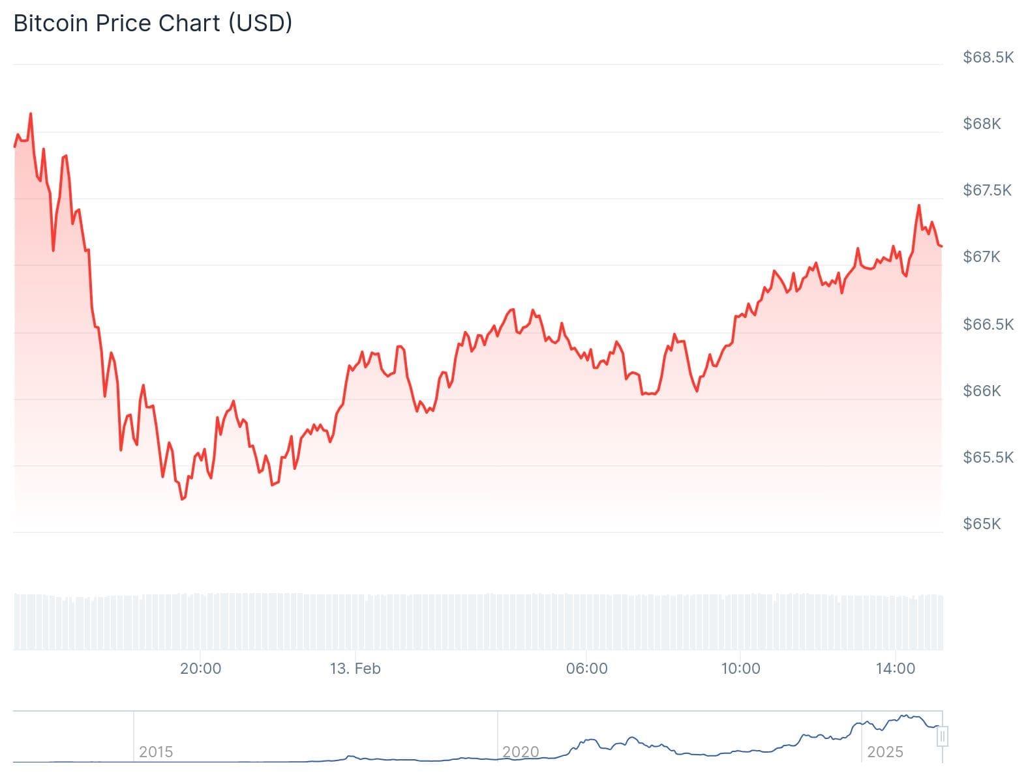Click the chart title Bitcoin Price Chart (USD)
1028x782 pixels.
pos(153,23)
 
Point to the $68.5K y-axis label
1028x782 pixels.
pos(988,57)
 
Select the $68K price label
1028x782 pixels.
pos(982,124)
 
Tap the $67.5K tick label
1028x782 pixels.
pos(988,190)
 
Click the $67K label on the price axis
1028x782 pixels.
pos(982,257)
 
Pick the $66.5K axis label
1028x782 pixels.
pos(988,325)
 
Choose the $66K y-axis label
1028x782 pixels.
pos(982,391)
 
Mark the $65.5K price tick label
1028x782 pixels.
pos(988,457)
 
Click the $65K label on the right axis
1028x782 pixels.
pos(982,524)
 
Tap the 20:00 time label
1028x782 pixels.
pos(200,669)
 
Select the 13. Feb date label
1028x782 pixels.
pos(355,669)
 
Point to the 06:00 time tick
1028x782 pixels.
pos(586,669)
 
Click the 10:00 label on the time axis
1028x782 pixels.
pos(740,669)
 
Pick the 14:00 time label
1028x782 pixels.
pos(895,669)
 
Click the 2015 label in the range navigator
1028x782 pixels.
pos(156,752)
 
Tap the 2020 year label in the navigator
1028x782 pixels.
pos(521,752)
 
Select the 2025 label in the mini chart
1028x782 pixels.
pos(885,752)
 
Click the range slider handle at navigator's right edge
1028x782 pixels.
pos(942,737)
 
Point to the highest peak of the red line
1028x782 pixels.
pos(30,114)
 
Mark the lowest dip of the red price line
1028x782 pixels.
pos(182,499)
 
